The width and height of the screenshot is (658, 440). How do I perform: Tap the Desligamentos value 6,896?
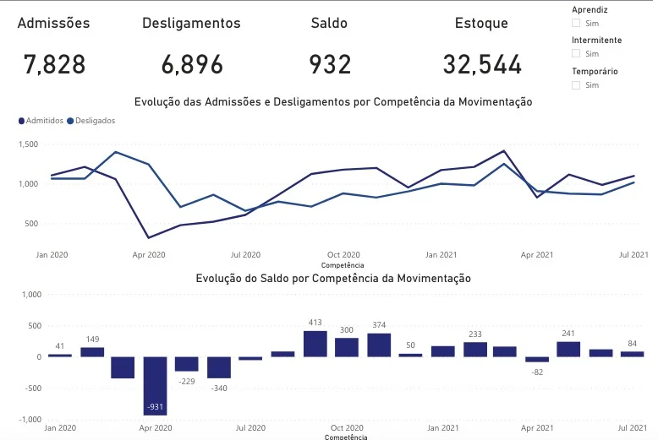[x=192, y=64]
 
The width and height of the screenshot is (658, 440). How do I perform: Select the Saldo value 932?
[x=330, y=64]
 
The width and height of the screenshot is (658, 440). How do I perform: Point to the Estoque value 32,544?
[x=482, y=64]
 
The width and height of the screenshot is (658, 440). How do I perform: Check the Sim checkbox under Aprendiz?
[x=577, y=24]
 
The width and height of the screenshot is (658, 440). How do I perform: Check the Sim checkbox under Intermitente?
[x=577, y=54]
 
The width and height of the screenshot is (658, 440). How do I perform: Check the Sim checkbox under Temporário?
[x=577, y=85]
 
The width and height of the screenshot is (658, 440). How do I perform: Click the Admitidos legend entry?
[x=40, y=121]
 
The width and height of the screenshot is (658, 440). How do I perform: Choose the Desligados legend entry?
[x=90, y=121]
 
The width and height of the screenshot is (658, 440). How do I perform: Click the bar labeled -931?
[x=155, y=385]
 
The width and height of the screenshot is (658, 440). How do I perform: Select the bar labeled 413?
[x=315, y=344]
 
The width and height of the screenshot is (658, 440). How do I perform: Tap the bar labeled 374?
[x=379, y=345]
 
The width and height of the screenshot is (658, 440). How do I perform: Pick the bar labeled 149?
[x=92, y=351]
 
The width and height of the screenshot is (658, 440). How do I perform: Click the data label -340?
[x=218, y=388]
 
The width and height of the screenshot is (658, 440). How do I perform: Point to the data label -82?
[x=537, y=372]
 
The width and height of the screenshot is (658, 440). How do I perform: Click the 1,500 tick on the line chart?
[x=29, y=144]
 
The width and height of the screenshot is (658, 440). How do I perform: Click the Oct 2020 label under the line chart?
[x=344, y=254]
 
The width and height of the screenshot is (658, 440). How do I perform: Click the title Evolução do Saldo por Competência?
[x=332, y=278]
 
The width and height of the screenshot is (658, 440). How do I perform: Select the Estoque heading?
[x=481, y=24]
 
